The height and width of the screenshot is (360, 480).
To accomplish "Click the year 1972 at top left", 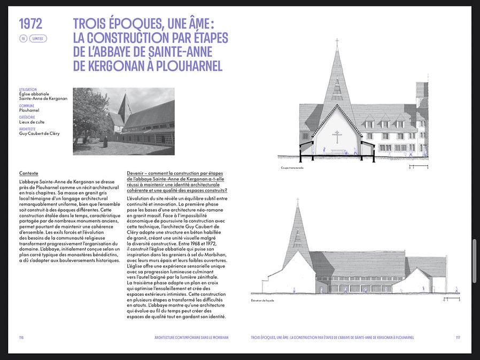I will coord(30,24).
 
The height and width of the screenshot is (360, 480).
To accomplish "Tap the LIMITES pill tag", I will coord(38,39).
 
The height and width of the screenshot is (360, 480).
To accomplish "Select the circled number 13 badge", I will coord(23,39).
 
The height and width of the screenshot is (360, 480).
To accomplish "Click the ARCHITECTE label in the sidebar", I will coord(27,129).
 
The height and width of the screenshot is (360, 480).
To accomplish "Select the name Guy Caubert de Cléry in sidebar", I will coord(39,133).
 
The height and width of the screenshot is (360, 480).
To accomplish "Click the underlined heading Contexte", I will coord(28,173).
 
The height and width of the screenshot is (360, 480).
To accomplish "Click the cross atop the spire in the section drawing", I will coord(337,41).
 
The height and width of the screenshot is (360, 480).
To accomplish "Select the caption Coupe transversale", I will coord(292,167).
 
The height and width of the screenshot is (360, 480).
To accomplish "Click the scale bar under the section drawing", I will coord(419,166).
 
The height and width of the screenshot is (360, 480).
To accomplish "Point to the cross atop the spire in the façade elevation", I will coord(298,201).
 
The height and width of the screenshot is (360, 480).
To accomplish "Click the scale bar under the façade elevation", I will coord(451,300).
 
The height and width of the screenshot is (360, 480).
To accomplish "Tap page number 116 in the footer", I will coord(21,338).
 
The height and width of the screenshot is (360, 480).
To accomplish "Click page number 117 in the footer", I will coord(458,338).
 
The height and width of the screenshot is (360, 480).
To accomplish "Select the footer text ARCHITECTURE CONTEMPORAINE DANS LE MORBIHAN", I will coord(191,338).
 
